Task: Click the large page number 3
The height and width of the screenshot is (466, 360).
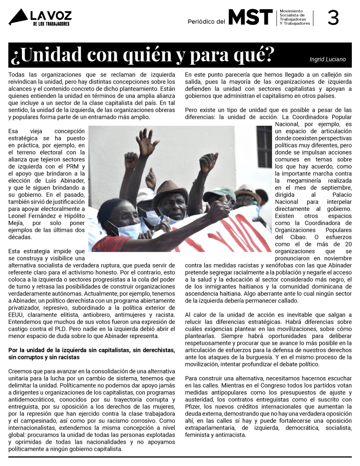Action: (333, 17)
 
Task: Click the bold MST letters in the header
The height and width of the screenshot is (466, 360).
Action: (250, 17)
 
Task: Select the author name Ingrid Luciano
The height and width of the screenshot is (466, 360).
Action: (328, 59)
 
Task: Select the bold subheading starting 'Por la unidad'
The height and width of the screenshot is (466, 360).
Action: (92, 353)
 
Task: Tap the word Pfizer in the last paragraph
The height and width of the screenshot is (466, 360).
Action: (194, 406)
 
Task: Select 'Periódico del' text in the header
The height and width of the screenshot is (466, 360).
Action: (206, 22)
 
